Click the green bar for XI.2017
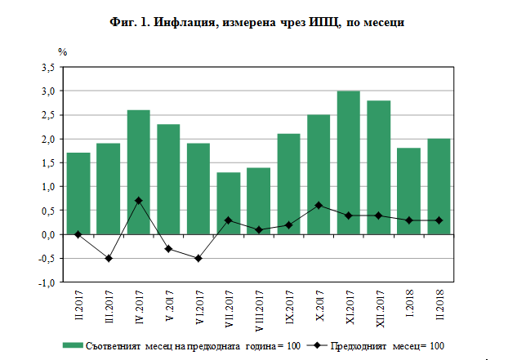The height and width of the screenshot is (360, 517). coord(349,162)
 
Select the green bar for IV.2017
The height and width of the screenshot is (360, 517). coord(138,172)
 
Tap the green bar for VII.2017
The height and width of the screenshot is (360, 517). coord(229,203)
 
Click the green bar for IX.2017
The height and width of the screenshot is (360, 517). coord(288,184)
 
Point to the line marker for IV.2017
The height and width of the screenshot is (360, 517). coord(138,201)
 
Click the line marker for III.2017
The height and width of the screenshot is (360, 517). coord(109,258)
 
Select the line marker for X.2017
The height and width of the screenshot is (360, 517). coord(319,206)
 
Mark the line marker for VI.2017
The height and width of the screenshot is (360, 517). coord(198,258)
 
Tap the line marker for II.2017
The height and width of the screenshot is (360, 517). coord(78,234)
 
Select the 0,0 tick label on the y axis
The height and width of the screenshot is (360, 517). coord(47,234)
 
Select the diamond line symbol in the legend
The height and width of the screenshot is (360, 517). coord(323,345)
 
